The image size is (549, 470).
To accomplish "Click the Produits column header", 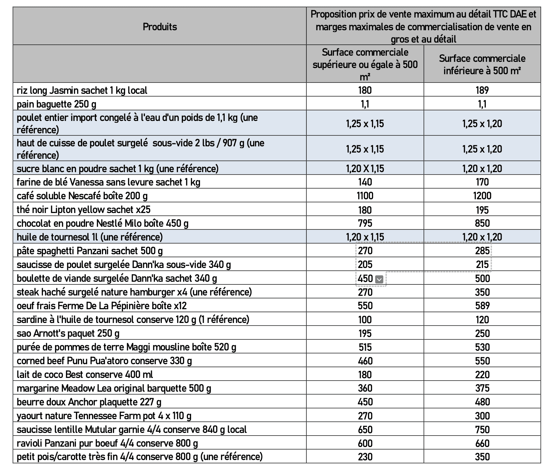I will point(160,26).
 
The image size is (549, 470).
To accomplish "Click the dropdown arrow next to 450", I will point(379,279).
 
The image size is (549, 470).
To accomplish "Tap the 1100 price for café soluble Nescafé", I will point(365,196).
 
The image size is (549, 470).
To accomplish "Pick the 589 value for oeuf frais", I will point(482,306).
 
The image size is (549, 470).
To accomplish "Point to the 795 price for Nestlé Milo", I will point(365,223).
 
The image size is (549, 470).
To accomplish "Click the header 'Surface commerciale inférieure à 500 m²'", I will point(482,64).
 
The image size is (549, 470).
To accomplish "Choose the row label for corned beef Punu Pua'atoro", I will point(104,361).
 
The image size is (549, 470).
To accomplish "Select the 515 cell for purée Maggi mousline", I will point(365,347).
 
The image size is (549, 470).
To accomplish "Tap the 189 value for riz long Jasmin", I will point(482,90).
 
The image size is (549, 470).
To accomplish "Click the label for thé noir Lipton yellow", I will point(83,210).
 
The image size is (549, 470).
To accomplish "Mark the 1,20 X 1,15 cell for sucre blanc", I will point(365,168).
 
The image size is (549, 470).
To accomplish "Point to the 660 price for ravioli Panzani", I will point(482,443).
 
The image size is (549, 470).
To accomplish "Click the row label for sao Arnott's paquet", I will point(68,333).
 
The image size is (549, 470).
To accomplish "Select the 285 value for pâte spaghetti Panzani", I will point(482,251).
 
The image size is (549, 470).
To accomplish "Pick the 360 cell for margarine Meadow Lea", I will point(365,388).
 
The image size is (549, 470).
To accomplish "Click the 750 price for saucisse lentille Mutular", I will point(482,429).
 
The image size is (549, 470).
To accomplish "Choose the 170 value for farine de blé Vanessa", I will point(482,182).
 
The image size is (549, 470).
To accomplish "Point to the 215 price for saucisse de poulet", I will point(482,265).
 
